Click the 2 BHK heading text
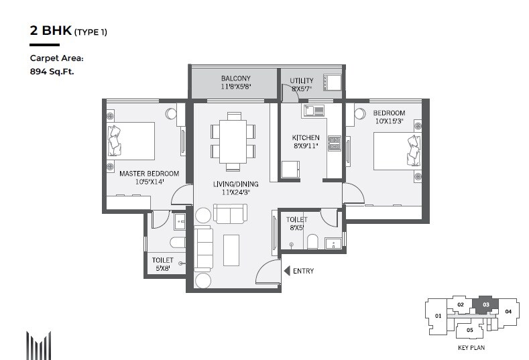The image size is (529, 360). (50, 30)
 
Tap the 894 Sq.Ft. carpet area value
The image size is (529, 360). (52, 70)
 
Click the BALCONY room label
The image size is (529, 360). (235, 79)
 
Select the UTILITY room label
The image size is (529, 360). (301, 80)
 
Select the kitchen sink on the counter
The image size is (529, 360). (313, 110)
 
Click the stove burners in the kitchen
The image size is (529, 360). (333, 142)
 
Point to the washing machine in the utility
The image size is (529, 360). (332, 82)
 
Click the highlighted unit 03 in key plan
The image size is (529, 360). (485, 305)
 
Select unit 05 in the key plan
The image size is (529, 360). (469, 330)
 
